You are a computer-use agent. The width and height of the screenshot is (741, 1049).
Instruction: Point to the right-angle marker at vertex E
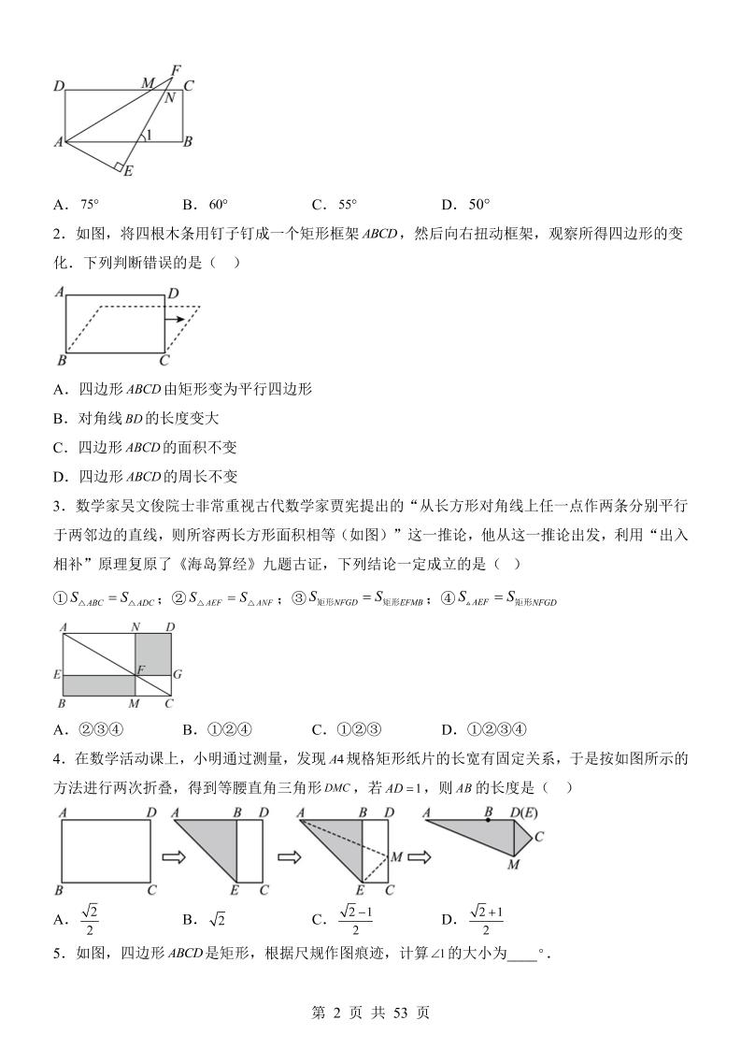(120, 165)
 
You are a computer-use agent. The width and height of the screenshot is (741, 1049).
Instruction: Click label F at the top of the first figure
(175, 69)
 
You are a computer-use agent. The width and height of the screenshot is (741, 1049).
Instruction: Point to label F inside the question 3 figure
(141, 668)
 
